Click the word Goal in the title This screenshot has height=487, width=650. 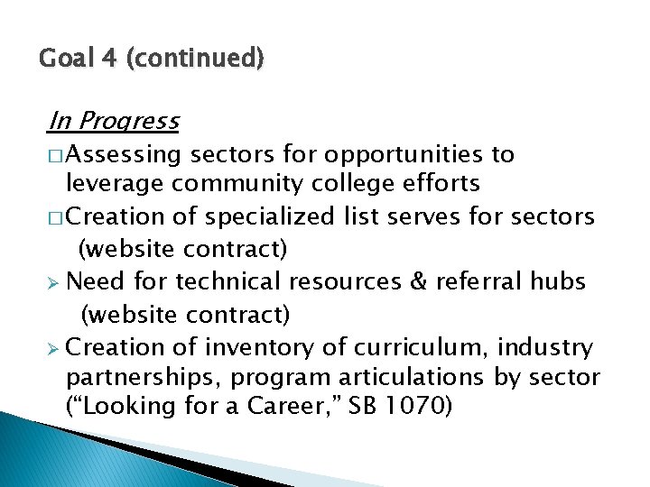(x=65, y=60)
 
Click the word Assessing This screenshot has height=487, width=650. (x=124, y=155)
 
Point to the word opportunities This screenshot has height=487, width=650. (x=396, y=155)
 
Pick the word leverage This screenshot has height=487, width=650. (x=116, y=184)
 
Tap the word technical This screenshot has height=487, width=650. (x=229, y=281)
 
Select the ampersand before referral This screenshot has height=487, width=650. (x=419, y=281)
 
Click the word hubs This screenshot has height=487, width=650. (x=557, y=281)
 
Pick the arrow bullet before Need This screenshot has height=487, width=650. (x=55, y=282)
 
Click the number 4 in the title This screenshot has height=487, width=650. (x=108, y=60)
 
